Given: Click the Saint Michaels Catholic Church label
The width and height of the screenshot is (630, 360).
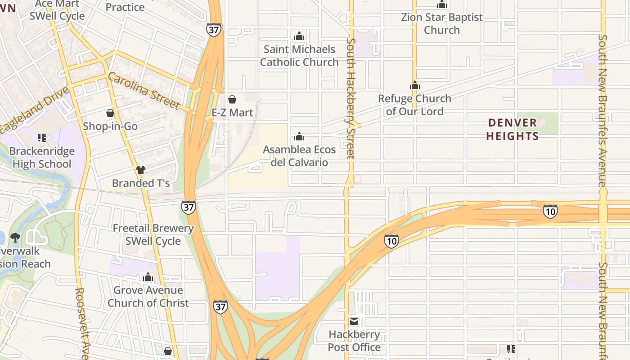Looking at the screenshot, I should click(x=299, y=56).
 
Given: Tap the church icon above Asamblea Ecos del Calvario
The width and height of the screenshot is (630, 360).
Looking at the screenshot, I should click(x=299, y=136).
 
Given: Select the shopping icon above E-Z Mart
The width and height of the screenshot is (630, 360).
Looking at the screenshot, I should click(x=232, y=99).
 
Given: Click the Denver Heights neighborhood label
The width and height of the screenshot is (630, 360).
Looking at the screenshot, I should click(x=513, y=129).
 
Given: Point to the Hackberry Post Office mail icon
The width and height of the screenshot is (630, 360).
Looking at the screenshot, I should click(x=354, y=321).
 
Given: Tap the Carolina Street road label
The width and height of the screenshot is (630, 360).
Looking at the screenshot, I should click(x=144, y=91).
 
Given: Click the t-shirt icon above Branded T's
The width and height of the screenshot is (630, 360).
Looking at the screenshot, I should click(x=141, y=170).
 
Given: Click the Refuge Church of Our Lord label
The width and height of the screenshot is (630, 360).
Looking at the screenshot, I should click(x=414, y=105).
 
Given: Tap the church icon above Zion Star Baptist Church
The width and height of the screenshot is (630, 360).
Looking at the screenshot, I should click(x=442, y=5).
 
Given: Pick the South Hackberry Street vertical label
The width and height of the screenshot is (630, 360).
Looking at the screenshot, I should click(x=351, y=98).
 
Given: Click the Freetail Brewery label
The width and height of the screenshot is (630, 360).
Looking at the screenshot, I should click(x=153, y=228).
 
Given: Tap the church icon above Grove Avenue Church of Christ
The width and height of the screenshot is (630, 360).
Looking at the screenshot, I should click(x=148, y=277).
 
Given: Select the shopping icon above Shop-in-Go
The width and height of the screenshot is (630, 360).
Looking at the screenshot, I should click(x=110, y=113).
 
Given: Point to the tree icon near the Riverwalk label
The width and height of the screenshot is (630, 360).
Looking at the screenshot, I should click(x=15, y=237).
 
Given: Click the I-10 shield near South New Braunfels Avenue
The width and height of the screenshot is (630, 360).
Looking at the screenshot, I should click(x=550, y=211).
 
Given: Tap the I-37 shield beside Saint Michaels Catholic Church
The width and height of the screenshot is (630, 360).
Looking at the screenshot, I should click(x=214, y=29).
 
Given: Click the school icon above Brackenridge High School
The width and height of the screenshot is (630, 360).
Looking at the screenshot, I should click(x=42, y=137).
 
